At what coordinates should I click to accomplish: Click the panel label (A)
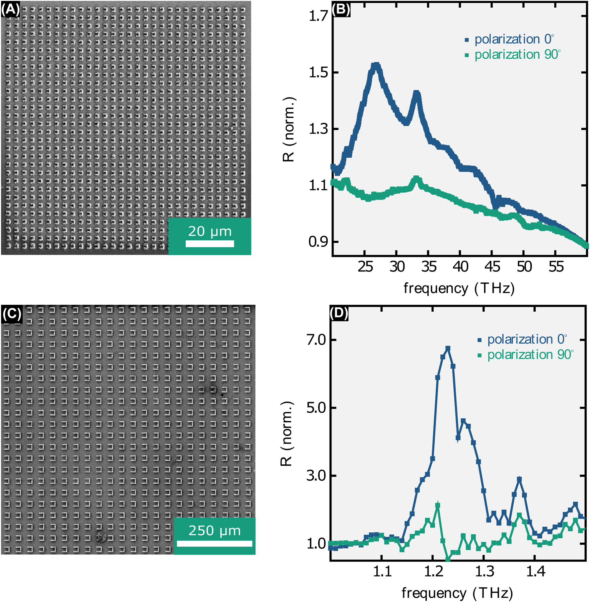coord(10,10)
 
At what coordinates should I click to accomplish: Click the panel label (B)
coord(341,10)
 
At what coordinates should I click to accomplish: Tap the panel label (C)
coord(12,313)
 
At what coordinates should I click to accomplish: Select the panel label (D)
coord(339,313)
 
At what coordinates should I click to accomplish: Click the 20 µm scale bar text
coord(210,231)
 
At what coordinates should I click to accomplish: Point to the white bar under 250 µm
coord(214,543)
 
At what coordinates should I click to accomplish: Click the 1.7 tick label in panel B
coord(319,16)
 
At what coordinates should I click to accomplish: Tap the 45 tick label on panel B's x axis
coord(492,267)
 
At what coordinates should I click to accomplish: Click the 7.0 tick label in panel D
coord(317,340)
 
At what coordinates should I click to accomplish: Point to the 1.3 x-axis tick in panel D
coord(484,571)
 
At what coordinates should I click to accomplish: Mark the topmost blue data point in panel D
coord(448,348)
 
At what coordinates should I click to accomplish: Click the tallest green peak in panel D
coord(438,506)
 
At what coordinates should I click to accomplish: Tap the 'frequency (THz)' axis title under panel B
coord(459,288)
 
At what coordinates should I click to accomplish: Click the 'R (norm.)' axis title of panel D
coord(287,434)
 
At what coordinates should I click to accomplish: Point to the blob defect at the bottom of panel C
coord(100,536)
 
